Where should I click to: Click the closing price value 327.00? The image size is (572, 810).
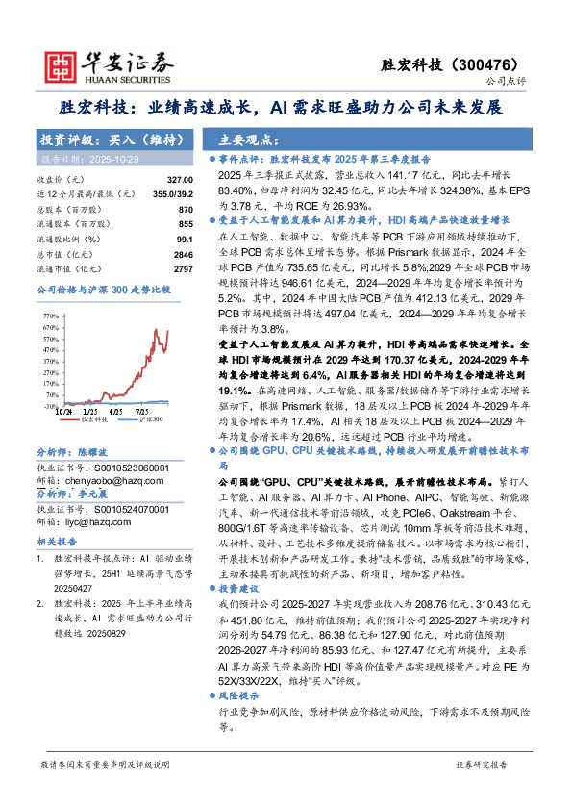point(180,179)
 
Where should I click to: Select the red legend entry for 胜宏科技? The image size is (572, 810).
point(91,420)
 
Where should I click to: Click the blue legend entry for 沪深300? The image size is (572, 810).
point(150,420)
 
